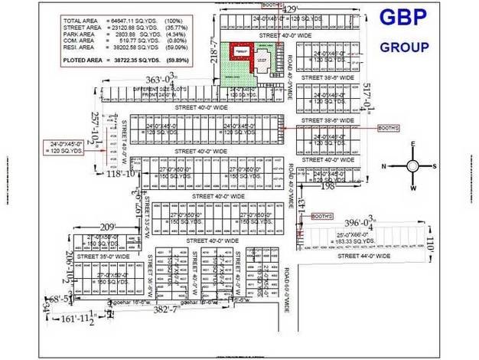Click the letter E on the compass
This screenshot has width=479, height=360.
pos(412,145)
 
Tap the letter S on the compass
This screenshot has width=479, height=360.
pos(433,165)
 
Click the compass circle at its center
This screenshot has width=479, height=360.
pos(412,165)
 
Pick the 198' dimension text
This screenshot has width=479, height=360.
pos(328,185)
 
